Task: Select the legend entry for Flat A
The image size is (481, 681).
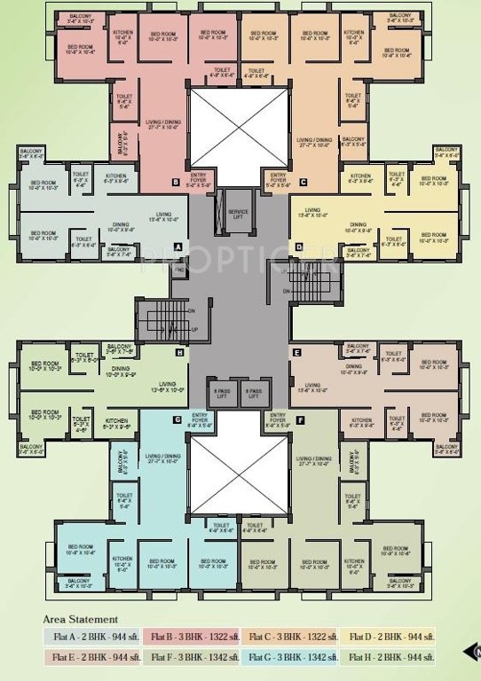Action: point(92,637)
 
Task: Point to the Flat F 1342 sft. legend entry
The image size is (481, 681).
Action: point(191,657)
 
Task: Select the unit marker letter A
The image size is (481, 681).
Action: point(177,246)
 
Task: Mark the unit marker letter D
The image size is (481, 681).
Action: point(299,246)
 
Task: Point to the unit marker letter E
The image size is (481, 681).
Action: point(297,352)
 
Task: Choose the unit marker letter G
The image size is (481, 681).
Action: point(177,418)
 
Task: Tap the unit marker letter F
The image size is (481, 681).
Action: point(300,418)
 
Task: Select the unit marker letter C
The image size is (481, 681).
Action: point(303,182)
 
